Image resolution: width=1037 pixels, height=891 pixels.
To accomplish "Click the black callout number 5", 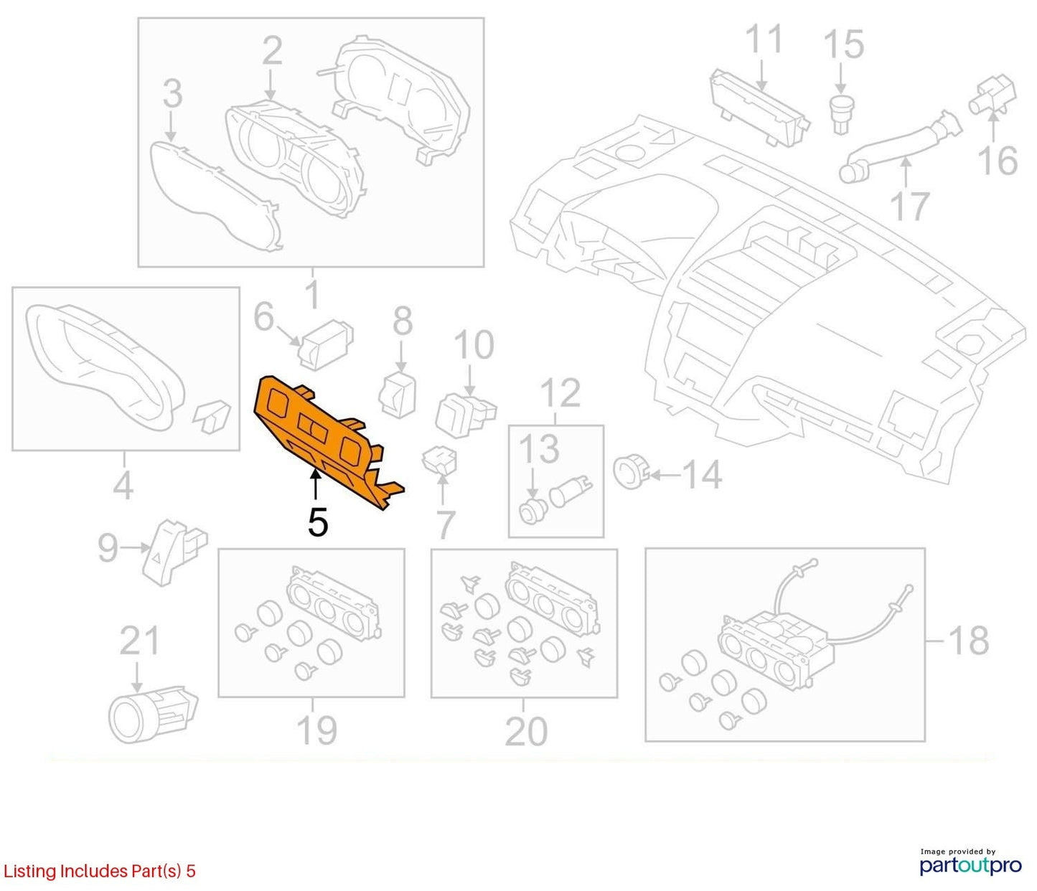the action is click(318, 522).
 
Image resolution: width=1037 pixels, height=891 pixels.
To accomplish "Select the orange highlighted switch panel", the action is click(326, 441).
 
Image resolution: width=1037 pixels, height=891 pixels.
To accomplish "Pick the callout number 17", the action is click(909, 206).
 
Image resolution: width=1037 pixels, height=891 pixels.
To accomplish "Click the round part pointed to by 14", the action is click(631, 471).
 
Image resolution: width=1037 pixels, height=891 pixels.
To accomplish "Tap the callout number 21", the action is click(139, 641).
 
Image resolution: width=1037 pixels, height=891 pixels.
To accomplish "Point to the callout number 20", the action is click(526, 732).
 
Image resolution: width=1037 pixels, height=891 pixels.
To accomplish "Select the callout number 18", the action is click(969, 641).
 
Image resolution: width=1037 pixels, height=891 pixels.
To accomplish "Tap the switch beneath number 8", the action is click(399, 395).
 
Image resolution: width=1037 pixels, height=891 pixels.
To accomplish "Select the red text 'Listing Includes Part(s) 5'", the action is click(99, 871).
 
